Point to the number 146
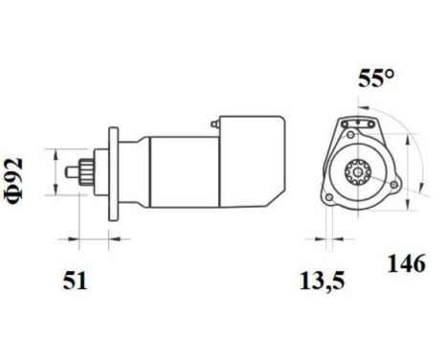406,263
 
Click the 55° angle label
376,80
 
